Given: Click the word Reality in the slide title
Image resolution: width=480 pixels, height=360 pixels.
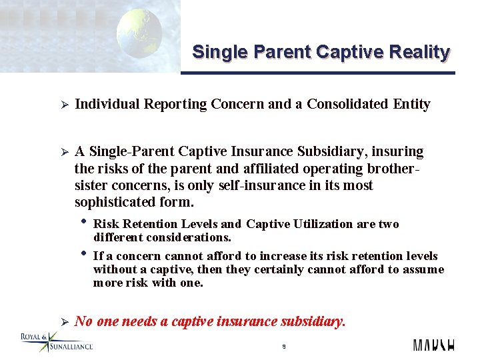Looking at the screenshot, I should pos(421,52).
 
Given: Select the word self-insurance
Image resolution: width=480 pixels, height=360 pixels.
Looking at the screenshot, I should pos(253,185).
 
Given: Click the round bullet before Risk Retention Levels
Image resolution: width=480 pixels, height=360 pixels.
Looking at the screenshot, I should pos(83,222).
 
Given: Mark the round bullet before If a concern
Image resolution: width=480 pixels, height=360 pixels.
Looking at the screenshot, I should pos(83,253).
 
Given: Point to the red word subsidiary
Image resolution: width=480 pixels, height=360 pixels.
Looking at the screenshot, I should pos(311,321).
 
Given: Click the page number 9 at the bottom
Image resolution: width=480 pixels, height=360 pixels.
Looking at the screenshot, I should pos(283,347).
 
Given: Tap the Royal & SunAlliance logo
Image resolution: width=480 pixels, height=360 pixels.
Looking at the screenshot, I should pos(57,341).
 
